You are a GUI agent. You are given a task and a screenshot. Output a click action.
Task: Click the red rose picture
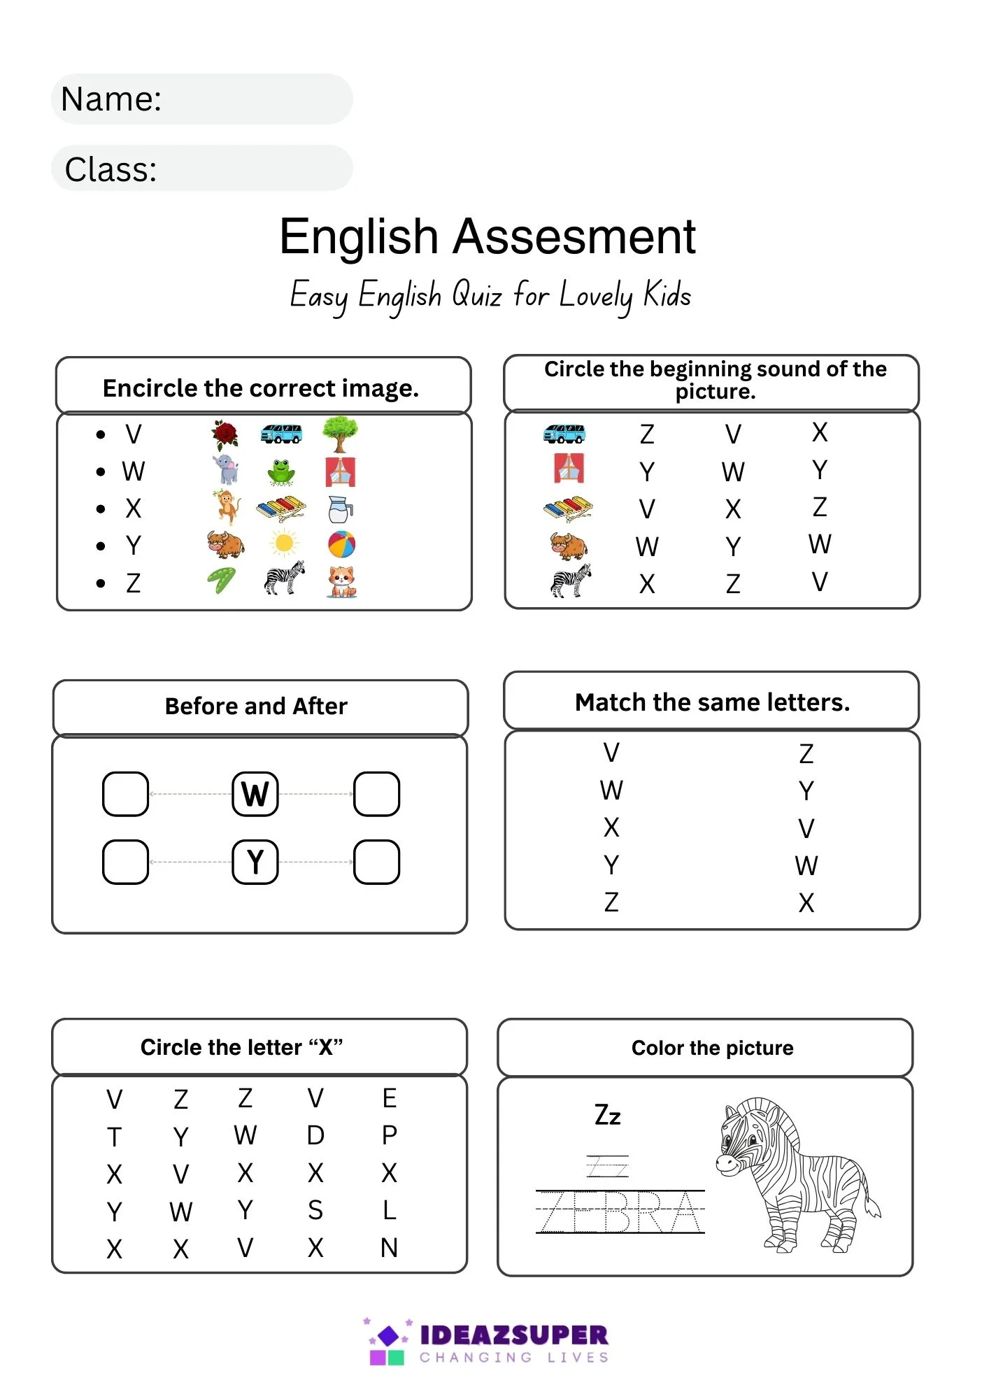[x=225, y=434]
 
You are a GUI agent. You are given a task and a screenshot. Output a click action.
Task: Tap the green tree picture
[x=340, y=434]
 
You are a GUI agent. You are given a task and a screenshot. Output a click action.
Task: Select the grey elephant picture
[x=226, y=470]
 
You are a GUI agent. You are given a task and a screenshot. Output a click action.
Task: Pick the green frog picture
[x=281, y=472]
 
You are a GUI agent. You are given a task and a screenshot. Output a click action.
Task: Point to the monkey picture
[x=225, y=507]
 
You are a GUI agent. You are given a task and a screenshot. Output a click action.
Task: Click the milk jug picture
[x=340, y=509]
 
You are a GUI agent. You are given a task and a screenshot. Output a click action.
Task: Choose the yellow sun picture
[x=284, y=544]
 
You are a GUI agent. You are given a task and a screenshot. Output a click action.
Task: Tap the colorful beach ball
[x=341, y=544]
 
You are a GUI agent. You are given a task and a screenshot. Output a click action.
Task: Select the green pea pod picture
[x=222, y=581]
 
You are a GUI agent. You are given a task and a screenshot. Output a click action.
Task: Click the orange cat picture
[x=341, y=581]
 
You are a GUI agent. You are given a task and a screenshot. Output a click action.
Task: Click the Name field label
[x=111, y=99]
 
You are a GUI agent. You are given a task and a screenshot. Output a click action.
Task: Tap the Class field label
[x=111, y=170]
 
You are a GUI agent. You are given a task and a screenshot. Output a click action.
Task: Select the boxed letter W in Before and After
[x=255, y=794]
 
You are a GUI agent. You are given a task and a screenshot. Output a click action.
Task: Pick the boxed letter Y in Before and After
[x=255, y=862]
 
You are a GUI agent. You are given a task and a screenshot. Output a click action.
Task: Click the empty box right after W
[x=376, y=794]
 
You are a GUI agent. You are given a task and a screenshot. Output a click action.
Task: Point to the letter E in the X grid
[x=390, y=1098]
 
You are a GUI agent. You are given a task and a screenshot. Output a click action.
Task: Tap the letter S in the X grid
[x=315, y=1210]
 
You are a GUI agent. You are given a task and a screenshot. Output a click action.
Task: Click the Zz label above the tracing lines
[x=607, y=1115]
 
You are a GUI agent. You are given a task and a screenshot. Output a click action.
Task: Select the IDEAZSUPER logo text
[x=514, y=1335]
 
